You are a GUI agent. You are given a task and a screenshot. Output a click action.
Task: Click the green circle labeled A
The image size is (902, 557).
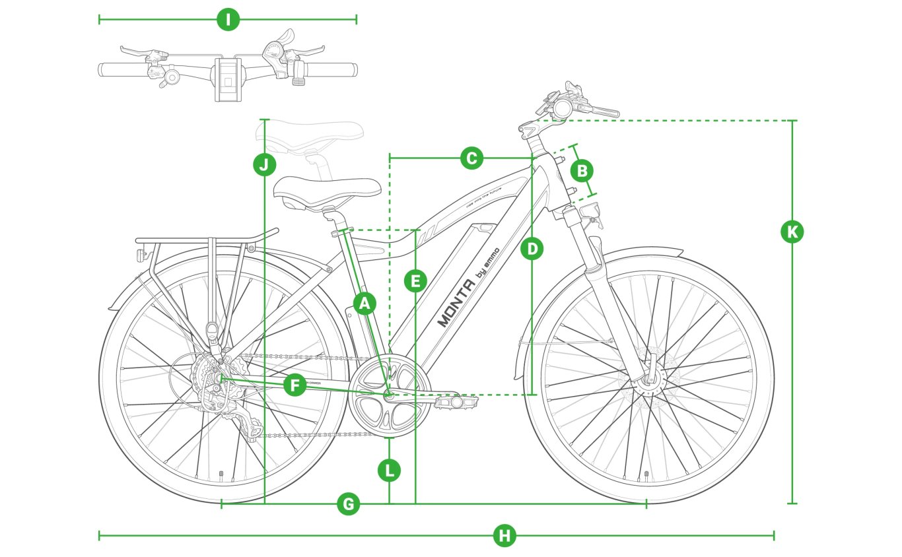pos(364,303)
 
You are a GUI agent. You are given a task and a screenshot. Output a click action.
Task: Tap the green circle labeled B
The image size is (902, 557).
pos(582,172)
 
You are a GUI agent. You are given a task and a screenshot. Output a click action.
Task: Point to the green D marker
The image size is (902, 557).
pos(532,249)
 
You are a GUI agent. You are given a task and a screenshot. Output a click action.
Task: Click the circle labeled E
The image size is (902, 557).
pos(415,282)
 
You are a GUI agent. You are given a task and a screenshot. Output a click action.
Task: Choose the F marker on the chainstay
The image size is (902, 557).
pos(295,385)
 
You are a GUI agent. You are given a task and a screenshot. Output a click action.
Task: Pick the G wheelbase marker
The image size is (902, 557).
pos(348,505)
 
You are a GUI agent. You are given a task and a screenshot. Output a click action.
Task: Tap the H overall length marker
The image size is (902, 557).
pos(504,535)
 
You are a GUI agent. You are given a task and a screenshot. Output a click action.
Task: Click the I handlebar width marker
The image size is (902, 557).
pos(228,20)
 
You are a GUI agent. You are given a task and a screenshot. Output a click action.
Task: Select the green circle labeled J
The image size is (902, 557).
pos(264,164)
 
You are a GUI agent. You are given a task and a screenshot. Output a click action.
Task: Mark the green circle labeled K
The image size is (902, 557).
pos(792,232)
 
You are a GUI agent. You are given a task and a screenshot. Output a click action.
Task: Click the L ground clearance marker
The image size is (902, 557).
pos(389,471)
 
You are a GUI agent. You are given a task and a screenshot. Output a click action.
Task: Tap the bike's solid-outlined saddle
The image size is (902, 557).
pos(327,189)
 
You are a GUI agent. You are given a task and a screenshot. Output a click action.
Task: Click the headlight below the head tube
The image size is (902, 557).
pos(590,211)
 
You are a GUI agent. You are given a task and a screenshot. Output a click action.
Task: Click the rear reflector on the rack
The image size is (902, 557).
pos(141,254)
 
